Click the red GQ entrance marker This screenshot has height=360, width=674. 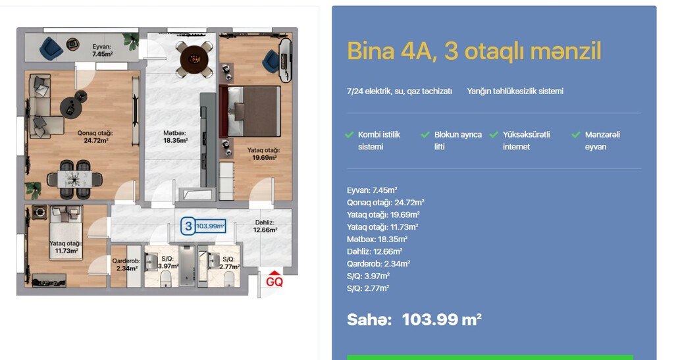274,280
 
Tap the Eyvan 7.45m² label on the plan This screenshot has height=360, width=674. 102,50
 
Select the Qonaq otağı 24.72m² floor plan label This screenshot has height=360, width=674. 95,137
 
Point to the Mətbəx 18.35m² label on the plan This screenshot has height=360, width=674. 175,137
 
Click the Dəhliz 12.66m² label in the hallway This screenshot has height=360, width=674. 265,226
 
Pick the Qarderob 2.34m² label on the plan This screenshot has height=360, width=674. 126,265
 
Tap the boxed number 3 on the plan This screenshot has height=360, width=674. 188,226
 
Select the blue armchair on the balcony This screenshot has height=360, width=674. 51,47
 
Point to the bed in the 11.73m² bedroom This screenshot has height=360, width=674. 66,232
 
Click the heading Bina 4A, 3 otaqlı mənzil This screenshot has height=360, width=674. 474,51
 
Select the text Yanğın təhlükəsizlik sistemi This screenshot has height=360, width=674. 515,91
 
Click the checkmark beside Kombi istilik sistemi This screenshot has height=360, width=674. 350,135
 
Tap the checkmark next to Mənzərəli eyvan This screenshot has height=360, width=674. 576,135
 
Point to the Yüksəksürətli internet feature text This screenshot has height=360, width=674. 526,140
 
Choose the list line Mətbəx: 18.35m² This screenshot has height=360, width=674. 377,240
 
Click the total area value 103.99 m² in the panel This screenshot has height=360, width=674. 442,320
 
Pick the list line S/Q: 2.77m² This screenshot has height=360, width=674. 368,288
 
